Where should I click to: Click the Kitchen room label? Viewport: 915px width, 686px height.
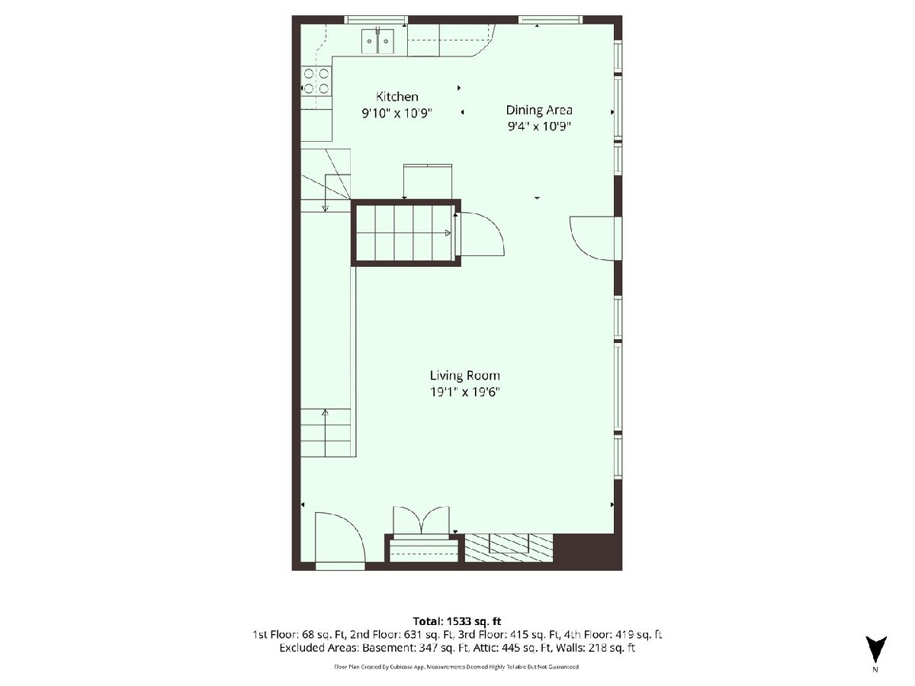(396, 97)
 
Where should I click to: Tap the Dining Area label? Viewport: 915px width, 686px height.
(539, 110)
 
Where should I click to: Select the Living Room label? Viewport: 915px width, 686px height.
(465, 376)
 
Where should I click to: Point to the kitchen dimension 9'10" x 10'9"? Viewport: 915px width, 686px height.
(396, 113)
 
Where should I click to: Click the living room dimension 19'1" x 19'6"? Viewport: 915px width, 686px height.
(465, 392)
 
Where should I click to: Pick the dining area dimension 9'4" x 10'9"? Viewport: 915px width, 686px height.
(539, 127)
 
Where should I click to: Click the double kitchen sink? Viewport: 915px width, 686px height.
(377, 41)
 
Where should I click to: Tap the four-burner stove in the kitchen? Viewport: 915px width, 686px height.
(316, 82)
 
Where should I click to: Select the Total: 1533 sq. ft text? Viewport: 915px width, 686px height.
(457, 621)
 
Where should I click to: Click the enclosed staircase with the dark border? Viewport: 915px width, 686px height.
(406, 232)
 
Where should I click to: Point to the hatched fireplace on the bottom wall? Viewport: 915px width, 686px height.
(509, 547)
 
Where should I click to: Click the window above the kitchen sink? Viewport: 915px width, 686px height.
(376, 20)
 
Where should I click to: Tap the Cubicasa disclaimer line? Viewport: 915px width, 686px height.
(457, 667)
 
